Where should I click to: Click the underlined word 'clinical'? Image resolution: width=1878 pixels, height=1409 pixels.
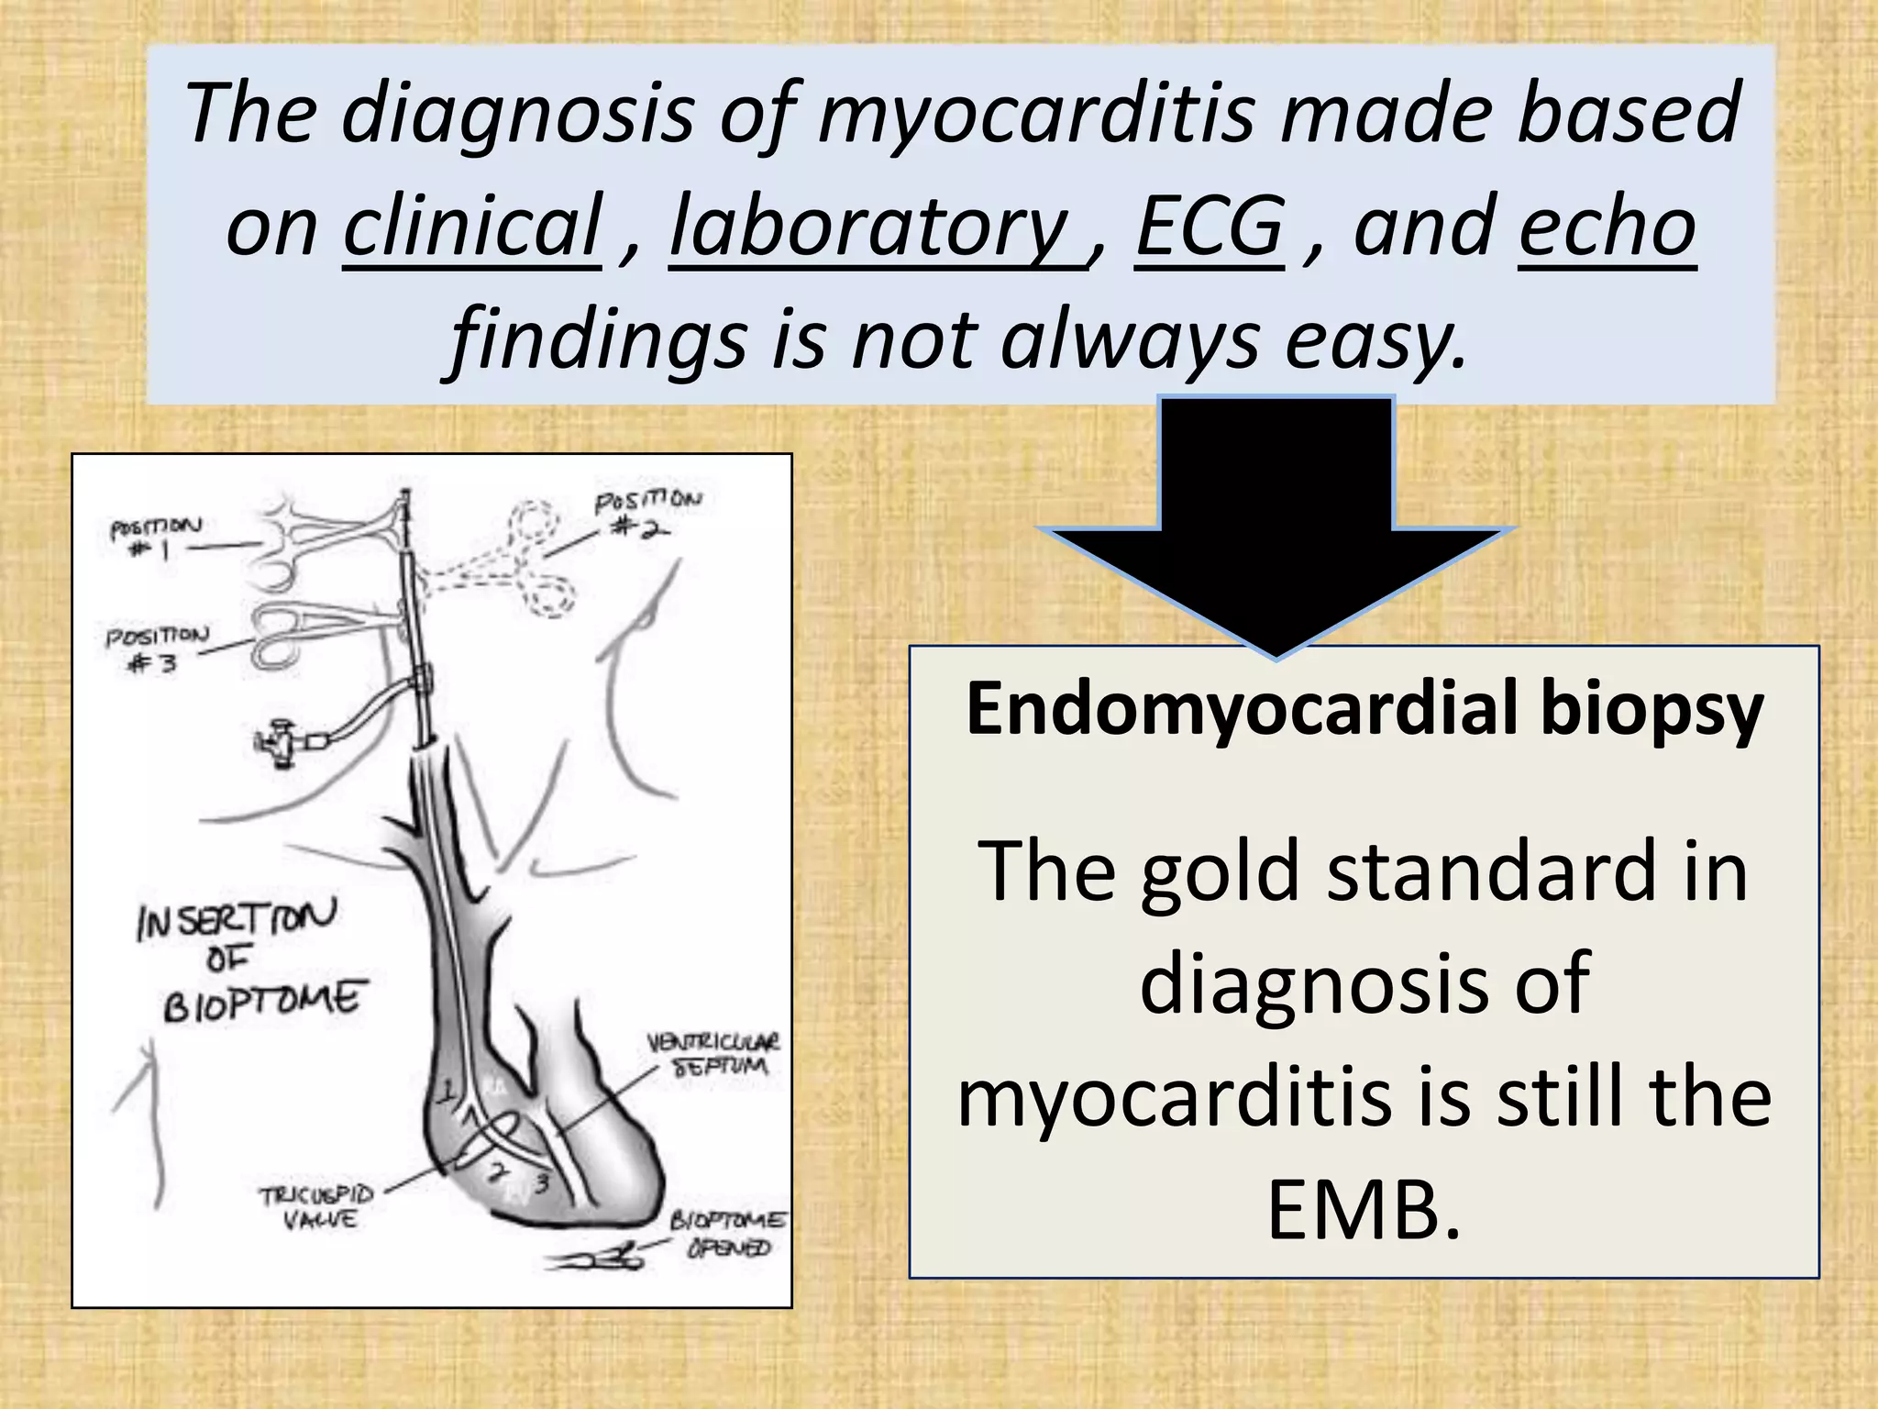tap(471, 227)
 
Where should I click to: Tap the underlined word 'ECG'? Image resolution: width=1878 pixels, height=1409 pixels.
tap(1210, 227)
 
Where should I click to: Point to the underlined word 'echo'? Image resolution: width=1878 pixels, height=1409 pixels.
tap(1607, 227)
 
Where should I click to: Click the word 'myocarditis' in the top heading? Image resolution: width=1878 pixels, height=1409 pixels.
tap(1035, 114)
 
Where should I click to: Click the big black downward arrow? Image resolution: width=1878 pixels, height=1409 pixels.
tap(1276, 532)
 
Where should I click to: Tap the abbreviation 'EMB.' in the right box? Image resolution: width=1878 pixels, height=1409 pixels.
tap(1364, 1210)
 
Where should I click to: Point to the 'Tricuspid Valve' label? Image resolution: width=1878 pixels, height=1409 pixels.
tap(317, 1207)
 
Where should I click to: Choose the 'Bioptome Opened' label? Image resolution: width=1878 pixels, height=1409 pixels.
tap(728, 1235)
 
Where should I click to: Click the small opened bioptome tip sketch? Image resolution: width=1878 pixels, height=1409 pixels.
tap(595, 1260)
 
